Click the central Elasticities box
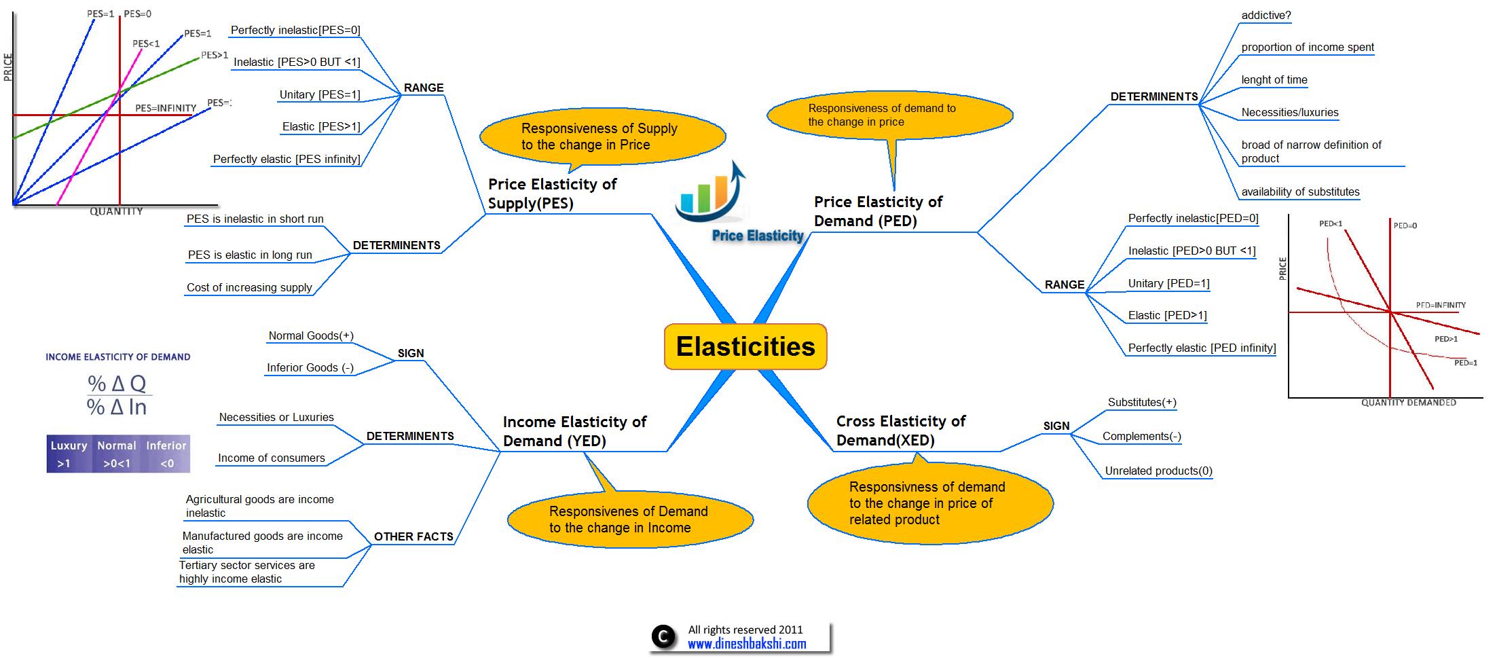pyautogui.click(x=745, y=346)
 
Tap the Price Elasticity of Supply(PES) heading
pyautogui.click(x=551, y=194)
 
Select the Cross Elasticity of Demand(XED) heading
pyautogui.click(x=900, y=431)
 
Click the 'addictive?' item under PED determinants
pyautogui.click(x=1265, y=16)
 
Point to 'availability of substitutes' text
pyautogui.click(x=1300, y=191)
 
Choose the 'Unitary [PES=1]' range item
pyautogui.click(x=319, y=94)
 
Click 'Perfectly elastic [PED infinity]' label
pyautogui.click(x=1202, y=348)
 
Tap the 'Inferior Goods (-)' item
pyautogui.click(x=310, y=367)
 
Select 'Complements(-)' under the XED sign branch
pyautogui.click(x=1141, y=436)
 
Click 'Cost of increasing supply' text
pyautogui.click(x=249, y=287)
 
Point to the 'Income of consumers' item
pyautogui.click(x=271, y=458)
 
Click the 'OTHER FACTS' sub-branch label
pyautogui.click(x=413, y=536)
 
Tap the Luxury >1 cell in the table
pyautogui.click(x=69, y=454)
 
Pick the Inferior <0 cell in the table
pyautogui.click(x=166, y=454)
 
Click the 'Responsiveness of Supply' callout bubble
pyautogui.click(x=602, y=136)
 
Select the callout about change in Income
pyautogui.click(x=629, y=519)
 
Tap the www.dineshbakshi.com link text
pyautogui.click(x=747, y=644)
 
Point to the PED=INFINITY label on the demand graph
pyautogui.click(x=1440, y=305)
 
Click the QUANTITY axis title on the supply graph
pyautogui.click(x=116, y=211)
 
